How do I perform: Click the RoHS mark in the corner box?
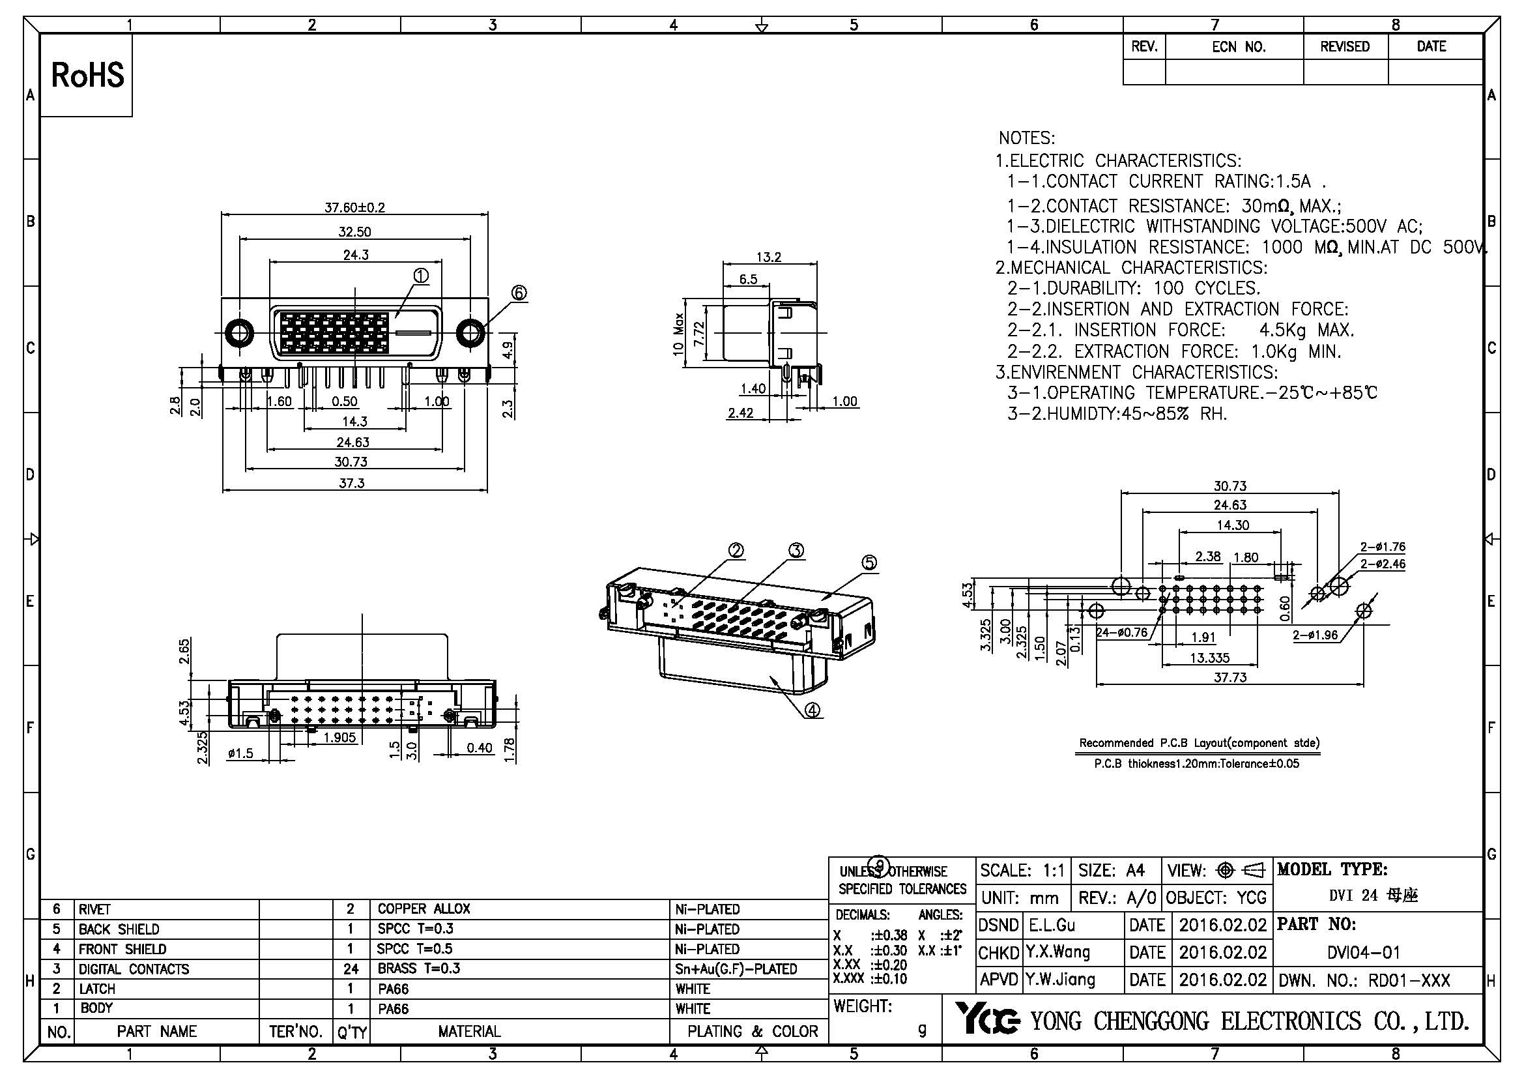click(x=87, y=75)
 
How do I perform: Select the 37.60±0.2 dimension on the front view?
click(x=354, y=207)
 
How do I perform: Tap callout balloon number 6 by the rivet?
click(x=519, y=293)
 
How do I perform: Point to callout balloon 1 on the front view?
click(x=420, y=276)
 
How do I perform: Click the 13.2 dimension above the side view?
click(x=769, y=257)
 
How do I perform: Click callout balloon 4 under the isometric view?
click(x=812, y=710)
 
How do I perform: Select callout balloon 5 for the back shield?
click(x=869, y=563)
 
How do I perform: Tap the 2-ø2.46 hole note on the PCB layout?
click(x=1383, y=564)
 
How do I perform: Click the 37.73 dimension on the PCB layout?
click(x=1230, y=677)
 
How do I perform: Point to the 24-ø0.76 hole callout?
click(x=1122, y=633)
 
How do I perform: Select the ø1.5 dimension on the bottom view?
click(x=240, y=753)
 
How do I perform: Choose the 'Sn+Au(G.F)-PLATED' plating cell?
click(x=736, y=969)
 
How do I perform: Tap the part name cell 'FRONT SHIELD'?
click(x=122, y=949)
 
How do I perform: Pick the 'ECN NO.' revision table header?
click(x=1239, y=47)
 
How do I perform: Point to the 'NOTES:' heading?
click(x=1026, y=139)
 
